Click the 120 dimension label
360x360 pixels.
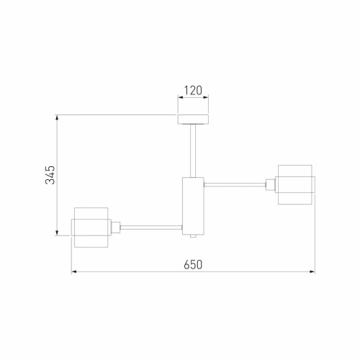[x=192, y=91]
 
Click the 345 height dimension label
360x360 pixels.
[x=50, y=175]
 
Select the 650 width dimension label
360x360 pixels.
[x=192, y=264]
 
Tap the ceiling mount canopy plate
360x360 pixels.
[x=192, y=120]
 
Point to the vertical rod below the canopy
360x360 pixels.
[x=192, y=150]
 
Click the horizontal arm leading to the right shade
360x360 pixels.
[x=235, y=185]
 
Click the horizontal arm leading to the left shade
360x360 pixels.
[x=150, y=228]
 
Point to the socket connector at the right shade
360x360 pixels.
[x=271, y=185]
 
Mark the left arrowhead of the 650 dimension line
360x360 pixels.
[x=74, y=272]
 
